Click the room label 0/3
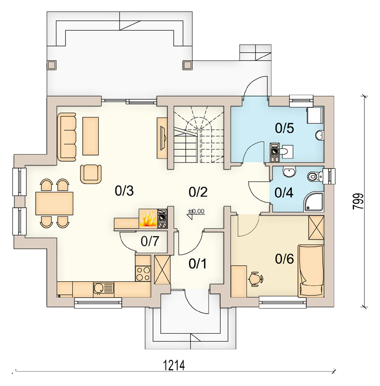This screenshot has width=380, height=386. [124, 191]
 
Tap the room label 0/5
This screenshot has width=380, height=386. [285, 128]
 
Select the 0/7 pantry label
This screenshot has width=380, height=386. [150, 241]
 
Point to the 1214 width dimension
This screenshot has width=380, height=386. [174, 365]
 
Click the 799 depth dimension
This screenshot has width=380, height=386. [358, 201]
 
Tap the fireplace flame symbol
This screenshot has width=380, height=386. [148, 219]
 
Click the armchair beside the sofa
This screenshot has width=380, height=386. [91, 174]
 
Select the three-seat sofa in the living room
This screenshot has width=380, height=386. [67, 137]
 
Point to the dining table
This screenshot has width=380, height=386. [55, 203]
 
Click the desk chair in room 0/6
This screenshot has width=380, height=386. [255, 279]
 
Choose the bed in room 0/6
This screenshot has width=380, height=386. [311, 270]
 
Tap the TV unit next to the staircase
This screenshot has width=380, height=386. [162, 138]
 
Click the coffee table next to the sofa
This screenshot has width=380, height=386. [90, 136]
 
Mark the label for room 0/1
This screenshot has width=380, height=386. [197, 264]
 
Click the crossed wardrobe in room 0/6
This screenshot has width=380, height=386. [316, 227]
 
